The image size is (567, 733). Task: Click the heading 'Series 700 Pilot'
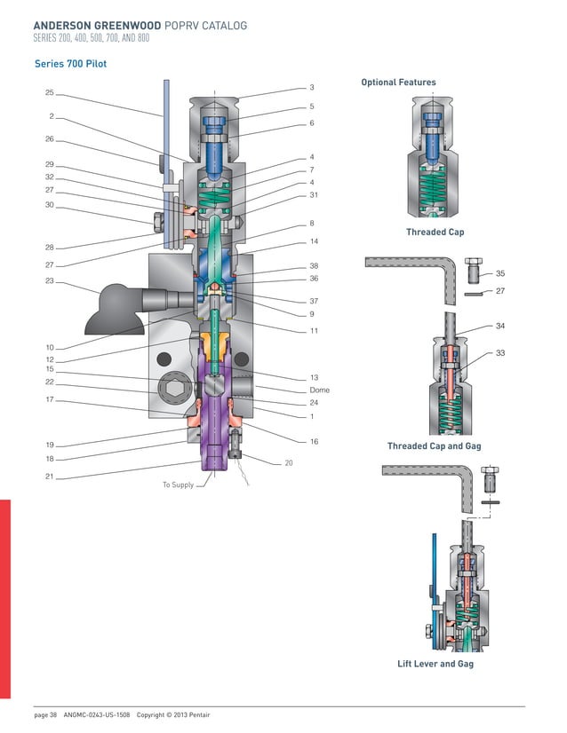[70, 64]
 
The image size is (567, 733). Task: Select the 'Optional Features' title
[398, 83]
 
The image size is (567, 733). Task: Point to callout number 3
[312, 88]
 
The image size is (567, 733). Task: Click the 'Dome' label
[319, 390]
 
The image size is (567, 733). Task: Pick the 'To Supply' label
[178, 485]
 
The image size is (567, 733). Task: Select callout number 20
[288, 463]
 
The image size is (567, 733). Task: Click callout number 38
[314, 265]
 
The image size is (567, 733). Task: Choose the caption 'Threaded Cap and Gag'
[434, 445]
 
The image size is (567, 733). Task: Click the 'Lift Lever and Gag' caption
[435, 664]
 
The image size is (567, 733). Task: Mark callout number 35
[500, 274]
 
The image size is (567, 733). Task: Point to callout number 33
[500, 353]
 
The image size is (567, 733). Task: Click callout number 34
[500, 327]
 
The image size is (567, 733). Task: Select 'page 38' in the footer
[45, 715]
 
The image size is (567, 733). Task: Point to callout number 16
[314, 441]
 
